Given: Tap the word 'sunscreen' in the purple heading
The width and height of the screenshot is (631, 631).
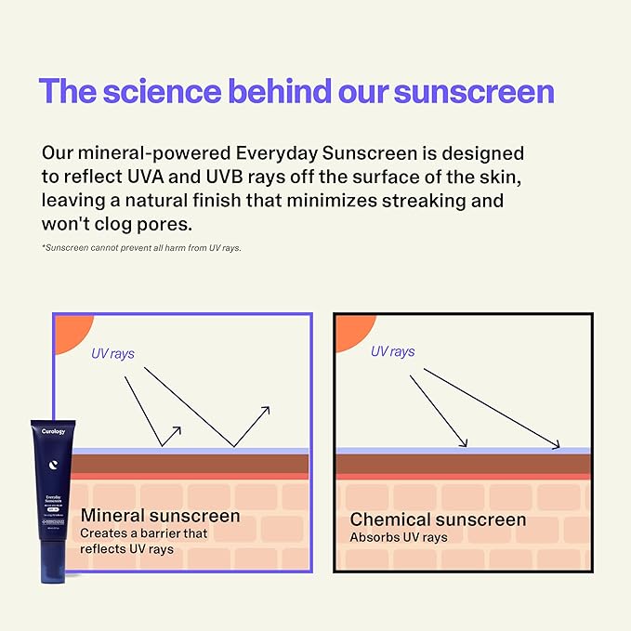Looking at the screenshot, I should point(474,91).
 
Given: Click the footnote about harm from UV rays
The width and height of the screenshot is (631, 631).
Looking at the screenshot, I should point(141,248).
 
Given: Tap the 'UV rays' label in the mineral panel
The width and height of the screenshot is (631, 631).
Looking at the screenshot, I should point(112,354).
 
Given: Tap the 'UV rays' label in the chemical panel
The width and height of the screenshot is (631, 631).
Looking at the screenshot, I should point(392,351).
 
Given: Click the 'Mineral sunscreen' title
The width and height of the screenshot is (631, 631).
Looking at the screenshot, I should point(161,515).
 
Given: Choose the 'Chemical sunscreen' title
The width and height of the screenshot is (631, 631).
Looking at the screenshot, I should point(438,519).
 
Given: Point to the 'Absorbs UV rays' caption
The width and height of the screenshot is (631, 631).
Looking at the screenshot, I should point(398,537).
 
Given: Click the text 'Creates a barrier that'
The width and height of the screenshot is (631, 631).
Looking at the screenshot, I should point(143,533).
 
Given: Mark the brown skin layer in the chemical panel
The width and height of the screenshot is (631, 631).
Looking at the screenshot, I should point(462,463).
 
